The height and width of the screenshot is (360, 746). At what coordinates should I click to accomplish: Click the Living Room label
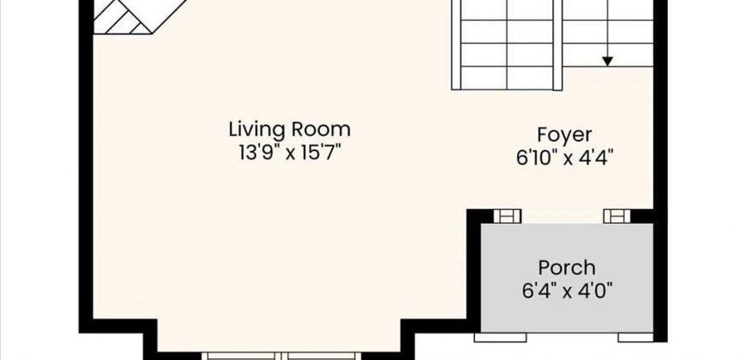coord(290,129)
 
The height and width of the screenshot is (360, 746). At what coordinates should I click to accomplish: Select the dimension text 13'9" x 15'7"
coord(290,153)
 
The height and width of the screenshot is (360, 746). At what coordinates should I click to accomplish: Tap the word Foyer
coord(565,135)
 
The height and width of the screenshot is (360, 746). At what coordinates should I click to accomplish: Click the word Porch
coord(567,267)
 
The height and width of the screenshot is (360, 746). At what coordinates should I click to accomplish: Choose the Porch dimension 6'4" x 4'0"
coord(567,291)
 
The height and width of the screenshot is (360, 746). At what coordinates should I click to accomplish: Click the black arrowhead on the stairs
coord(608,62)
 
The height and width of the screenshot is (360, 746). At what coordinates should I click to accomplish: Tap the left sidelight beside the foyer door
coord(507,216)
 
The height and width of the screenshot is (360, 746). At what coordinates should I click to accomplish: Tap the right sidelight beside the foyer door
coord(617,216)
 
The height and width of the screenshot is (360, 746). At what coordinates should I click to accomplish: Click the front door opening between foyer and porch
coord(563,216)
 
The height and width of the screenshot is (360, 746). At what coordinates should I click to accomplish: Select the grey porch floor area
coord(567,278)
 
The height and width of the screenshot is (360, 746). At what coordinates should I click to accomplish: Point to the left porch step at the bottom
coord(500,337)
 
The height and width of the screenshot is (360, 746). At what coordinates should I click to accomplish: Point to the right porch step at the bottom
coord(635,337)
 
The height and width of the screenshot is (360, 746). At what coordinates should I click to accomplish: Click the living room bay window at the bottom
coord(281,357)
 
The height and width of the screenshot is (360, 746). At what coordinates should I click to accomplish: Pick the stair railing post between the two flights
coord(557,45)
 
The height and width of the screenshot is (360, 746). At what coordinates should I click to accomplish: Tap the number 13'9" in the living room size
coord(257,153)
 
